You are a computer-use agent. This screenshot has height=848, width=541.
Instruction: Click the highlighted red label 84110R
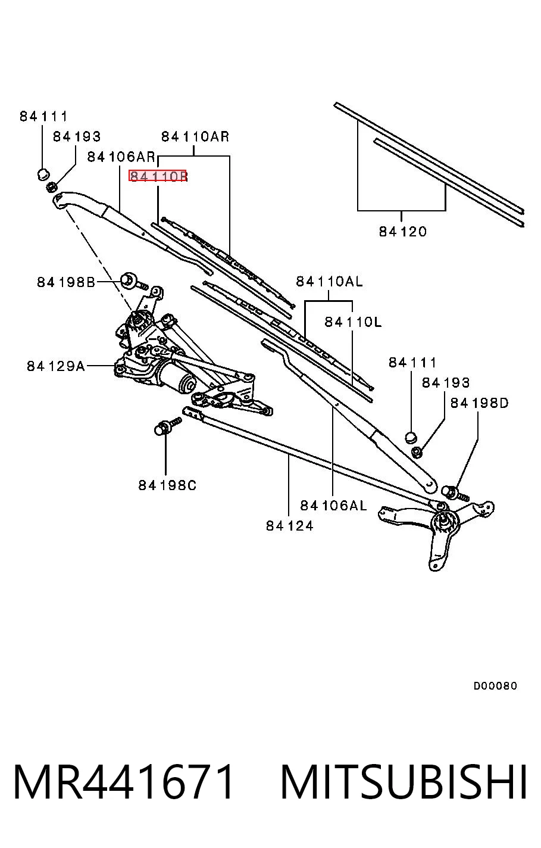pyautogui.click(x=158, y=176)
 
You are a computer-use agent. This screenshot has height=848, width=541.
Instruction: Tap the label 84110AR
pyautogui.click(x=195, y=136)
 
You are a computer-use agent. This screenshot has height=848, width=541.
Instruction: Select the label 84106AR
pyautogui.click(x=121, y=157)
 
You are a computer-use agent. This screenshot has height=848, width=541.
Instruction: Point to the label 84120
pyautogui.click(x=402, y=231)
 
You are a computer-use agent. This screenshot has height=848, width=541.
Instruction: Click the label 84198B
pyautogui.click(x=66, y=282)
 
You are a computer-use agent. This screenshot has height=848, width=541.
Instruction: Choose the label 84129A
pyautogui.click(x=56, y=366)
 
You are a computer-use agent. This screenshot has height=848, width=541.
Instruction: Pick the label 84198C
pyautogui.click(x=167, y=485)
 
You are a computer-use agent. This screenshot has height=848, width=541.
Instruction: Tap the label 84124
pyautogui.click(x=289, y=526)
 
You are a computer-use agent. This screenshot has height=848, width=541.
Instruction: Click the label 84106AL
pyautogui.click(x=333, y=506)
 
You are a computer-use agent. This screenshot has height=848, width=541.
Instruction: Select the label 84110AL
pyautogui.click(x=329, y=282)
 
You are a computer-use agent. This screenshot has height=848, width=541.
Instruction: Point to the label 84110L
pyautogui.click(x=353, y=322)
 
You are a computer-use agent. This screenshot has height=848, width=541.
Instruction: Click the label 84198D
pyautogui.click(x=479, y=403)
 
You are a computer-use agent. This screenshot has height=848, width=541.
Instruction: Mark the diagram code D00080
pyautogui.click(x=495, y=685)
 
